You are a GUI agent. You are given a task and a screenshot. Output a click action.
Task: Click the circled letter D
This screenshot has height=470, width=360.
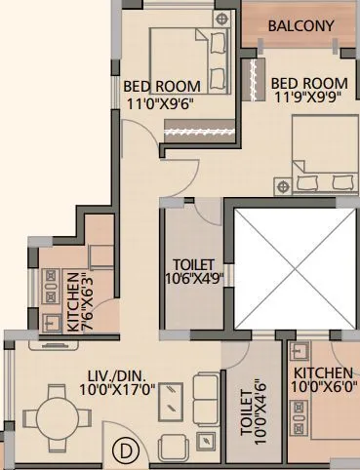(x=124, y=450)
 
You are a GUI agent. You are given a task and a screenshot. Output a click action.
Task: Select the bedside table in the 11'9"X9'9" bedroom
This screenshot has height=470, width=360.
(x=282, y=182)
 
